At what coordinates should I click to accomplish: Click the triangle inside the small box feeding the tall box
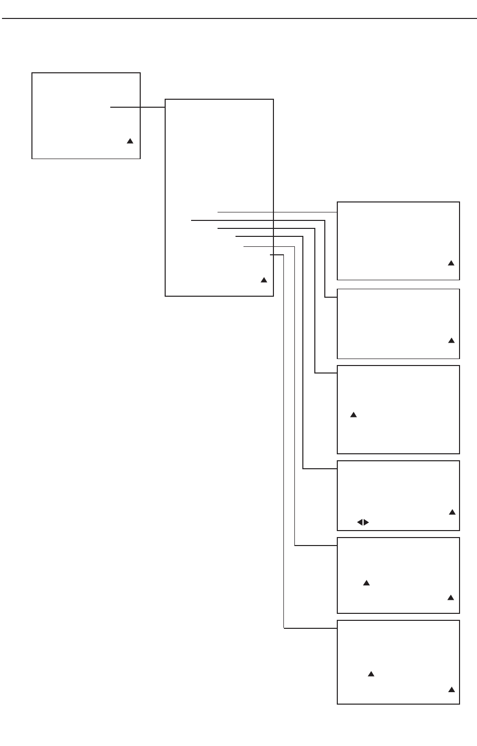click(x=130, y=141)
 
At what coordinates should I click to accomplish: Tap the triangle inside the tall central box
click(x=264, y=280)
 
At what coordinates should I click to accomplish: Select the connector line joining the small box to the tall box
click(x=138, y=107)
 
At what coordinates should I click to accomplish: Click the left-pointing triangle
click(x=359, y=522)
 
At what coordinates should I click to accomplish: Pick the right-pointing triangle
click(x=366, y=522)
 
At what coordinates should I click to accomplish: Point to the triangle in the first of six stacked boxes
click(x=451, y=263)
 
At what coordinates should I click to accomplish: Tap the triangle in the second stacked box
click(x=452, y=341)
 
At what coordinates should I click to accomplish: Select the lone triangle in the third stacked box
click(x=353, y=414)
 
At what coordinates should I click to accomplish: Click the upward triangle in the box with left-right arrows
click(x=452, y=512)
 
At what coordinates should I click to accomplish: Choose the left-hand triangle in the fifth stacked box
click(x=366, y=583)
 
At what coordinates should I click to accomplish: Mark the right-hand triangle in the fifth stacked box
click(x=451, y=597)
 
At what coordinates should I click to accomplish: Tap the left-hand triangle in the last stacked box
click(x=371, y=674)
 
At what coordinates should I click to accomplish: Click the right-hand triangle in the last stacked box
click(x=452, y=690)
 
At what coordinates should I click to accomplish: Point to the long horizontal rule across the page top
click(x=239, y=19)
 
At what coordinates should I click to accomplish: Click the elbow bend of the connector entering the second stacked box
click(x=325, y=298)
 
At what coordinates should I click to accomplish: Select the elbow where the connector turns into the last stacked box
click(x=284, y=628)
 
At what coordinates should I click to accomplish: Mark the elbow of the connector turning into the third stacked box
click(x=315, y=373)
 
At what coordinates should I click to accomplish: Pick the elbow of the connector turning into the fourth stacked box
click(x=303, y=469)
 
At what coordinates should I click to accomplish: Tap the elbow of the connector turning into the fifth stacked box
click(x=295, y=546)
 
